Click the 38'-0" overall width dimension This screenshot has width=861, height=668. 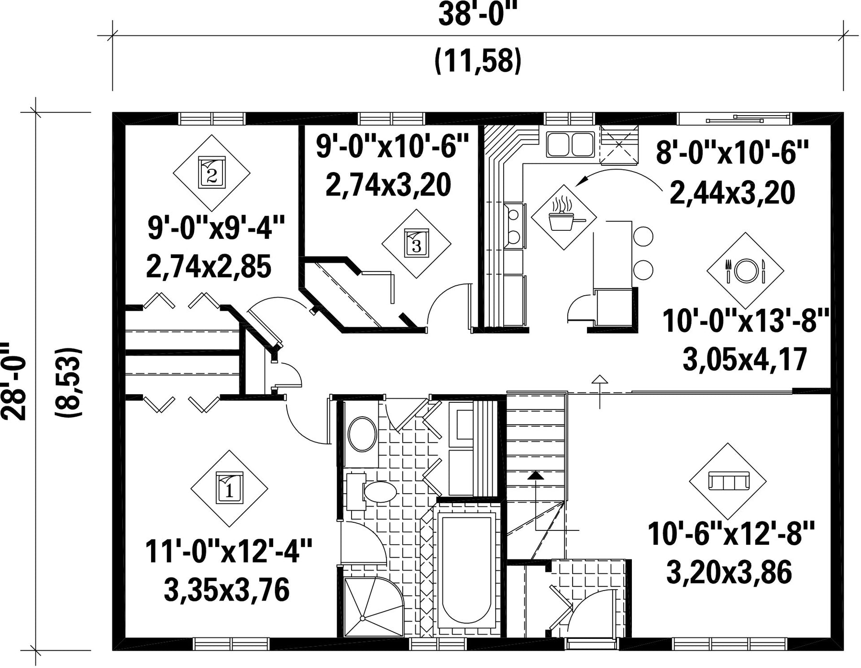pos(479,16)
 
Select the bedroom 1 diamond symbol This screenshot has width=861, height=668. pos(229,488)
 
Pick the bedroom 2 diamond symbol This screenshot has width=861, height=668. pos(211,172)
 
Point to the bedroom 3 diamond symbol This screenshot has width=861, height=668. pos(416,244)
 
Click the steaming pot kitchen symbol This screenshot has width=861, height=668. pos(564,217)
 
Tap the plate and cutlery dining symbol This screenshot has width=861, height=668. pos(745,271)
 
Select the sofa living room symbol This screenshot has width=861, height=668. pos(728,481)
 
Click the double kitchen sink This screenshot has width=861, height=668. pos(570,145)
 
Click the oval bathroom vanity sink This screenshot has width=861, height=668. pos(363,434)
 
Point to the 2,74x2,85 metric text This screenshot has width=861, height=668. pos(209,267)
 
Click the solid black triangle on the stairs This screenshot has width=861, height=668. pos(536,475)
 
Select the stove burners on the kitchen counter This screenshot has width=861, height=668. pos(514,226)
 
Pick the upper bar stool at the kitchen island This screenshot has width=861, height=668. pos(643,236)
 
